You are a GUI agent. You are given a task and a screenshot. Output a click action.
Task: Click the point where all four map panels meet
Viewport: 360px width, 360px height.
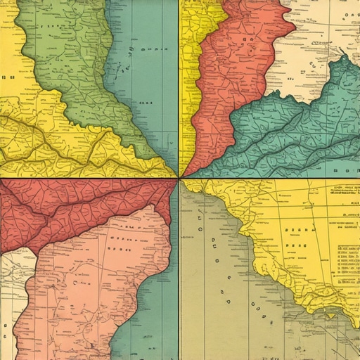[179, 177]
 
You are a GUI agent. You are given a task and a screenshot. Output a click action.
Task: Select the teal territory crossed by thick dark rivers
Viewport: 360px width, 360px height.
[295, 134]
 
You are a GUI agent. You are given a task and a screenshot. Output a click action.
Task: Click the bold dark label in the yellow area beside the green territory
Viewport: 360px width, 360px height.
[8, 77]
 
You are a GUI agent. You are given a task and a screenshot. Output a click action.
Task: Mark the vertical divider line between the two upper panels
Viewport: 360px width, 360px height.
[179, 84]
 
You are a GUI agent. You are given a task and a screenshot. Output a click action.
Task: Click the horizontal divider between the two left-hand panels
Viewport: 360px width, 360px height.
[84, 177]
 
